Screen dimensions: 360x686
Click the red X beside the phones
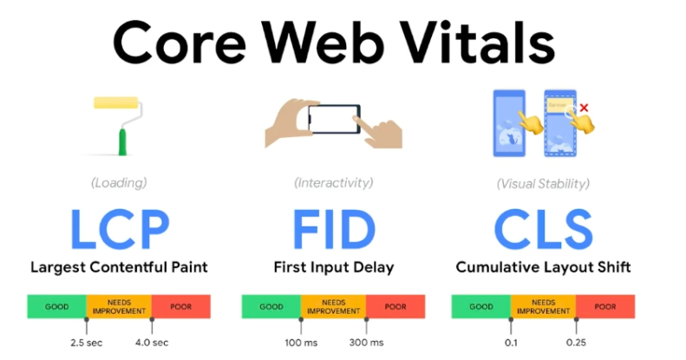584,108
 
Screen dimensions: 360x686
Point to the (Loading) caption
120,183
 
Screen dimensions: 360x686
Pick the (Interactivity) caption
334,183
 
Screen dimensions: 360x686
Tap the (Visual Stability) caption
544,183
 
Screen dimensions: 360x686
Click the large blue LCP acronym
120,227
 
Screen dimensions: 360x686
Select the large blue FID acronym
334,227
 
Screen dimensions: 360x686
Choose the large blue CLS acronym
544,227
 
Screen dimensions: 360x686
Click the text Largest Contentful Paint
120,267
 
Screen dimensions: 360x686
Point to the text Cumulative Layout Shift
544,267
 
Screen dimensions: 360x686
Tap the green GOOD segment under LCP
56,306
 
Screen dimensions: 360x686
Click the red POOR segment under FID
395,306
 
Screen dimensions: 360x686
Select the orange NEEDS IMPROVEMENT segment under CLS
543,306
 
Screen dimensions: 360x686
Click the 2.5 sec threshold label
87,343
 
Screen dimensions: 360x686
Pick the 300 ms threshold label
365,343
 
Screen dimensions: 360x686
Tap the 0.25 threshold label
575,343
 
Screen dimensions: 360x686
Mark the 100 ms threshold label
300,343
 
